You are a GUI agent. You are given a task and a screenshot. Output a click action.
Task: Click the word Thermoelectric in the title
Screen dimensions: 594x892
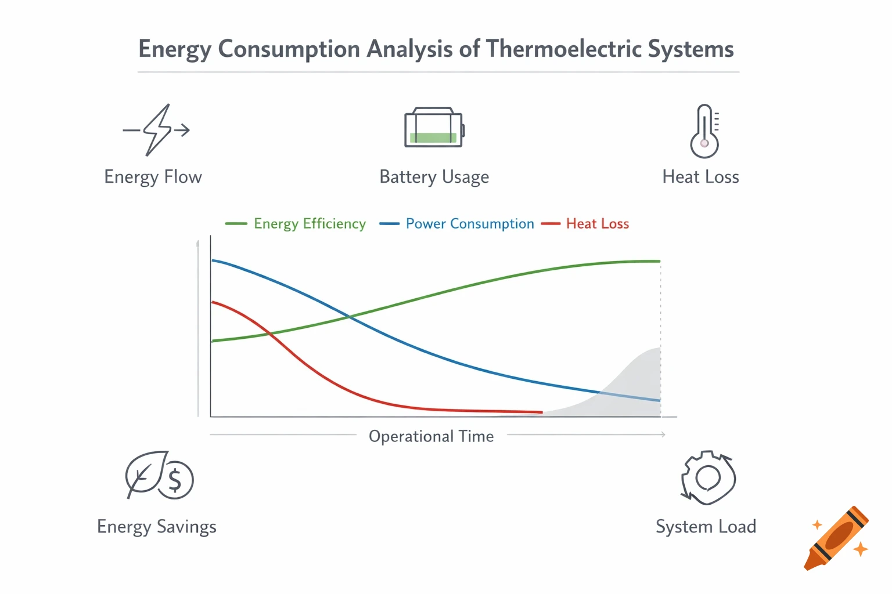click(563, 49)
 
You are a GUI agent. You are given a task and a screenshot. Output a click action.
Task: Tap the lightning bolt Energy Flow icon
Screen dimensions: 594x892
click(156, 130)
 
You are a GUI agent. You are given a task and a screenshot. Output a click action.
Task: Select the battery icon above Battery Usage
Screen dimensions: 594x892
click(434, 128)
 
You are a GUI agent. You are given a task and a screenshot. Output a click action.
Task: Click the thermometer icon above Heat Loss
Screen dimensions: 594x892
click(704, 131)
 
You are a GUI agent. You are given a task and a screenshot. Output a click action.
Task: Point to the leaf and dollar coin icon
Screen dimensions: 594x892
click(159, 476)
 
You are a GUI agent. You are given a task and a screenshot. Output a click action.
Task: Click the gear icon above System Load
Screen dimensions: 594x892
click(708, 478)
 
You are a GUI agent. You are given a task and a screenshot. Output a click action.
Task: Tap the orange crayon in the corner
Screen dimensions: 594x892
click(836, 538)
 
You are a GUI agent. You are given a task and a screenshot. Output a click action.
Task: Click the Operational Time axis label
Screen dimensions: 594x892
click(431, 436)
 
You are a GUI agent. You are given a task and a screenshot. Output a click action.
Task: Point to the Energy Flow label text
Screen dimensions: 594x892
click(153, 177)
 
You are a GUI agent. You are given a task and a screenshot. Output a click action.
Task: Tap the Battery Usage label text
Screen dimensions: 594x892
click(434, 177)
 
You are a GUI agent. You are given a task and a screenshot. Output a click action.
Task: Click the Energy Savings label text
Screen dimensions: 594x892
click(156, 527)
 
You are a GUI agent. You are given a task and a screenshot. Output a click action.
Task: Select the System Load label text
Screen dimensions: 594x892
click(706, 527)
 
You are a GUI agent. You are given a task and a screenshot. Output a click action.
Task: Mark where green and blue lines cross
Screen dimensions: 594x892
click(349, 316)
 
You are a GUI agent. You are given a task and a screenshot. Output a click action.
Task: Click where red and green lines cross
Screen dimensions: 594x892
click(269, 334)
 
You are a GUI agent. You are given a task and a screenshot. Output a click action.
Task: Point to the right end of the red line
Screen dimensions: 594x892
click(541, 412)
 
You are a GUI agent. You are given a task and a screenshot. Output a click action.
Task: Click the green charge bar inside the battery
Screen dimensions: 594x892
click(433, 138)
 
